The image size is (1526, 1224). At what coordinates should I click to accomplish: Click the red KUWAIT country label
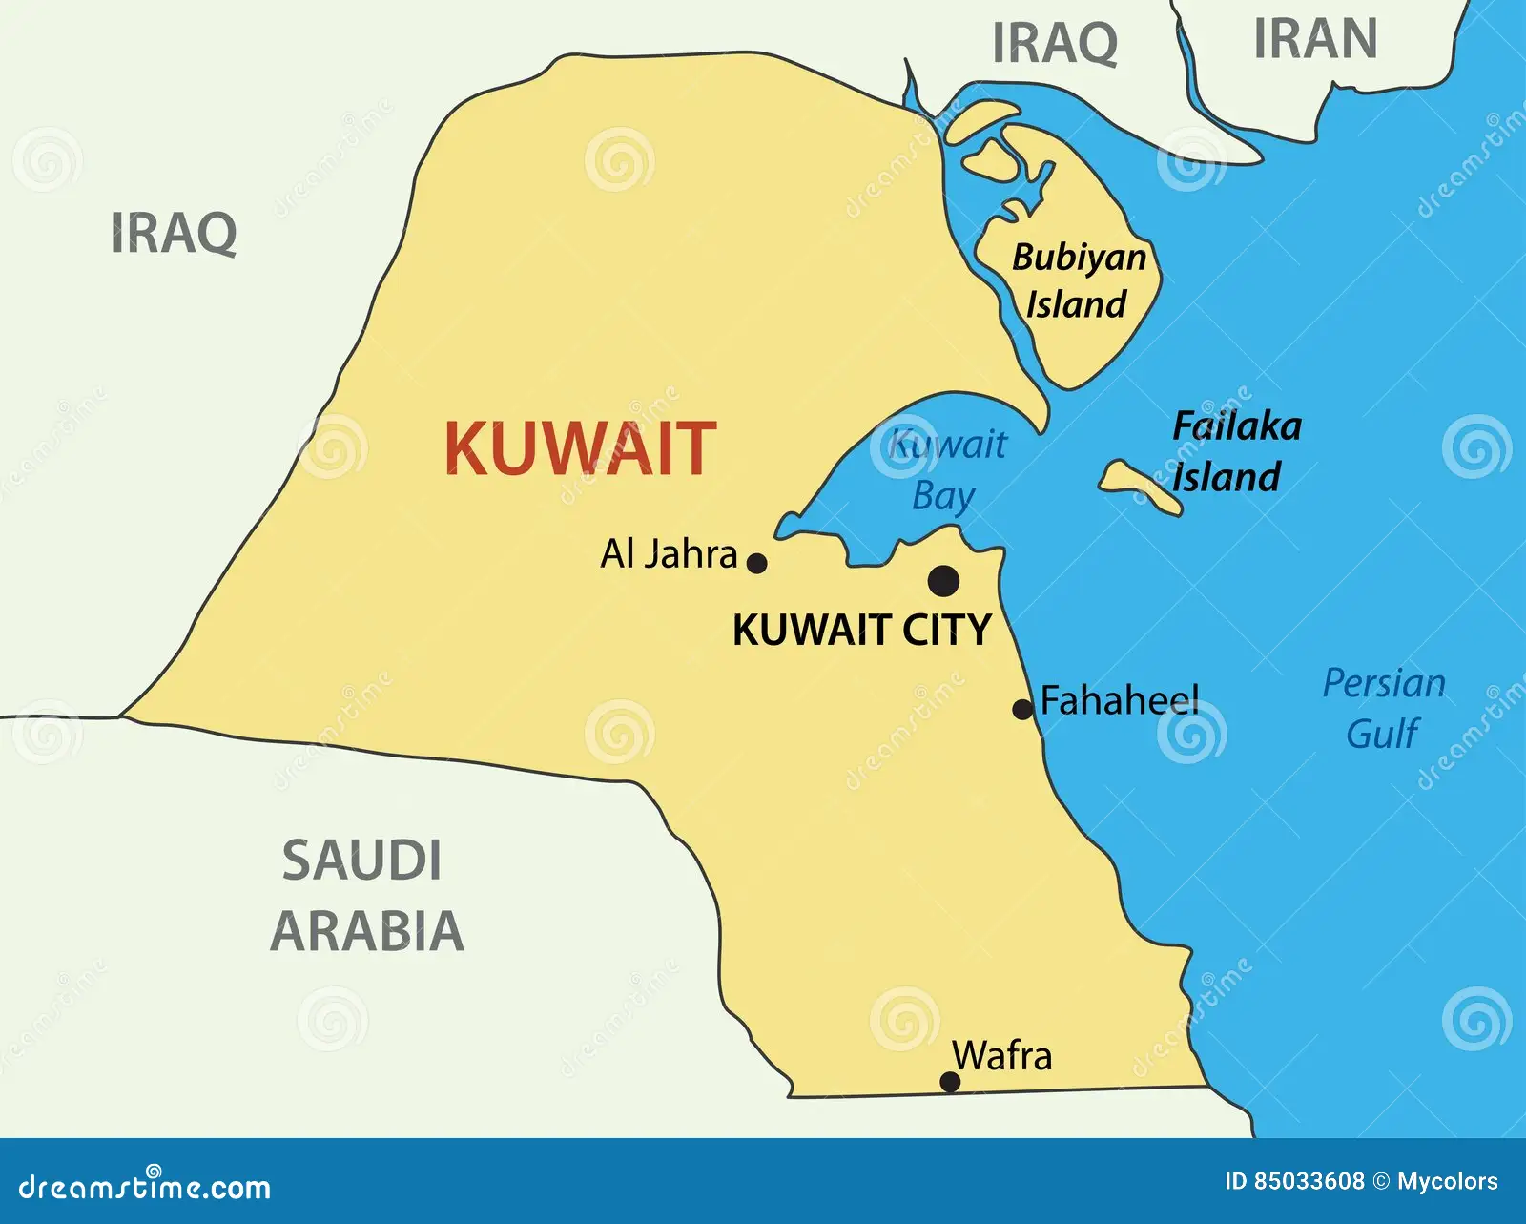click(580, 448)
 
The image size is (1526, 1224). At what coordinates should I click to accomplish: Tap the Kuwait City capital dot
click(943, 580)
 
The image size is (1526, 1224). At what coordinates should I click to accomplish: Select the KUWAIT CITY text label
click(862, 631)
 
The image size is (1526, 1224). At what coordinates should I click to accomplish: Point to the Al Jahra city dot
click(757, 563)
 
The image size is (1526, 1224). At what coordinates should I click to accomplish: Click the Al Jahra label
click(669, 554)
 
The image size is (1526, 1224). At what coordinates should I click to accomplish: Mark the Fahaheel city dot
click(1022, 709)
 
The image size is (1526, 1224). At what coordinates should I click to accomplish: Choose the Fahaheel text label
click(1120, 701)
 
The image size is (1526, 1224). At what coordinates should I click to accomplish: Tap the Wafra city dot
click(950, 1081)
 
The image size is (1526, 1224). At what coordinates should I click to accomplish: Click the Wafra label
click(1002, 1056)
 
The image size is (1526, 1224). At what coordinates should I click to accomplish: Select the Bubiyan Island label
click(1079, 280)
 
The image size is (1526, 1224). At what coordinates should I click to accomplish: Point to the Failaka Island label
click(1235, 451)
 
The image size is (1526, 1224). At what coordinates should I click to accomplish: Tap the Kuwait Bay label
click(946, 470)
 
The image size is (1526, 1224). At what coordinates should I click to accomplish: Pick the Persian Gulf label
click(1384, 708)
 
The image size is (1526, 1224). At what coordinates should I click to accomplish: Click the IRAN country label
click(1315, 39)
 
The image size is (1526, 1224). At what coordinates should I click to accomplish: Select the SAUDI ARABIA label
click(366, 895)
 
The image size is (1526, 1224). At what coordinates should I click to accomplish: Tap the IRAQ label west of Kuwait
click(175, 233)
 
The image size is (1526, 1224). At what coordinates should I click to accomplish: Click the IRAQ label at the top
click(1055, 43)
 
